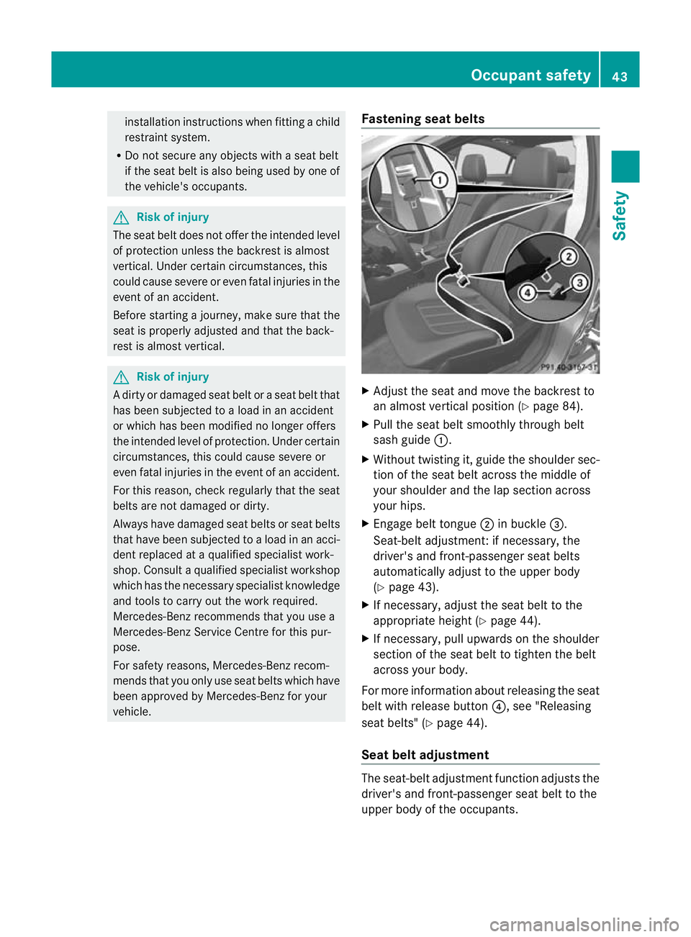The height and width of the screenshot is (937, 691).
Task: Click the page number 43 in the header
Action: (x=620, y=76)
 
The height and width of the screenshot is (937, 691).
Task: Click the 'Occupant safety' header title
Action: (x=530, y=75)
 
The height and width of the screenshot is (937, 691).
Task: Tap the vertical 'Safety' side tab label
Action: (x=620, y=215)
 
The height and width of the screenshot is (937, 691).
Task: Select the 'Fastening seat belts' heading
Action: (x=423, y=119)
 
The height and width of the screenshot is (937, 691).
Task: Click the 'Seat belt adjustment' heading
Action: (x=425, y=754)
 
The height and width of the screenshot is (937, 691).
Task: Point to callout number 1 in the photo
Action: (x=438, y=180)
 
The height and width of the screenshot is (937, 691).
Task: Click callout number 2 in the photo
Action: (x=569, y=257)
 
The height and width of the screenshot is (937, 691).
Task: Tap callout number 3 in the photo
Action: (x=579, y=283)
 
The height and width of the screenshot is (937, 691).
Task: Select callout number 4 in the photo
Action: (x=528, y=292)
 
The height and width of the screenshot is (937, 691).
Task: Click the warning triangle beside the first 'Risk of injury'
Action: (x=122, y=217)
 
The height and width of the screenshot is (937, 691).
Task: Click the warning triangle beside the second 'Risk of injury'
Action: (x=122, y=377)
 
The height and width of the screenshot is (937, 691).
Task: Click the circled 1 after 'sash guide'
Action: (x=441, y=440)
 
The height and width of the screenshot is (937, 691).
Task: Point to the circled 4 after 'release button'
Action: (x=498, y=707)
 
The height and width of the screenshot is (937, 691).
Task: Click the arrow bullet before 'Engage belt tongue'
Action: (x=366, y=524)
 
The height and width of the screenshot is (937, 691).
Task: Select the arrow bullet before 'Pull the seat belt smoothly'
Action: (x=366, y=425)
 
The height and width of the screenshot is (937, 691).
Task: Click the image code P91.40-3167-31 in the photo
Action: (x=569, y=367)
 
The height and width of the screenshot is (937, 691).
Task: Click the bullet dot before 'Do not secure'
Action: (x=117, y=156)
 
